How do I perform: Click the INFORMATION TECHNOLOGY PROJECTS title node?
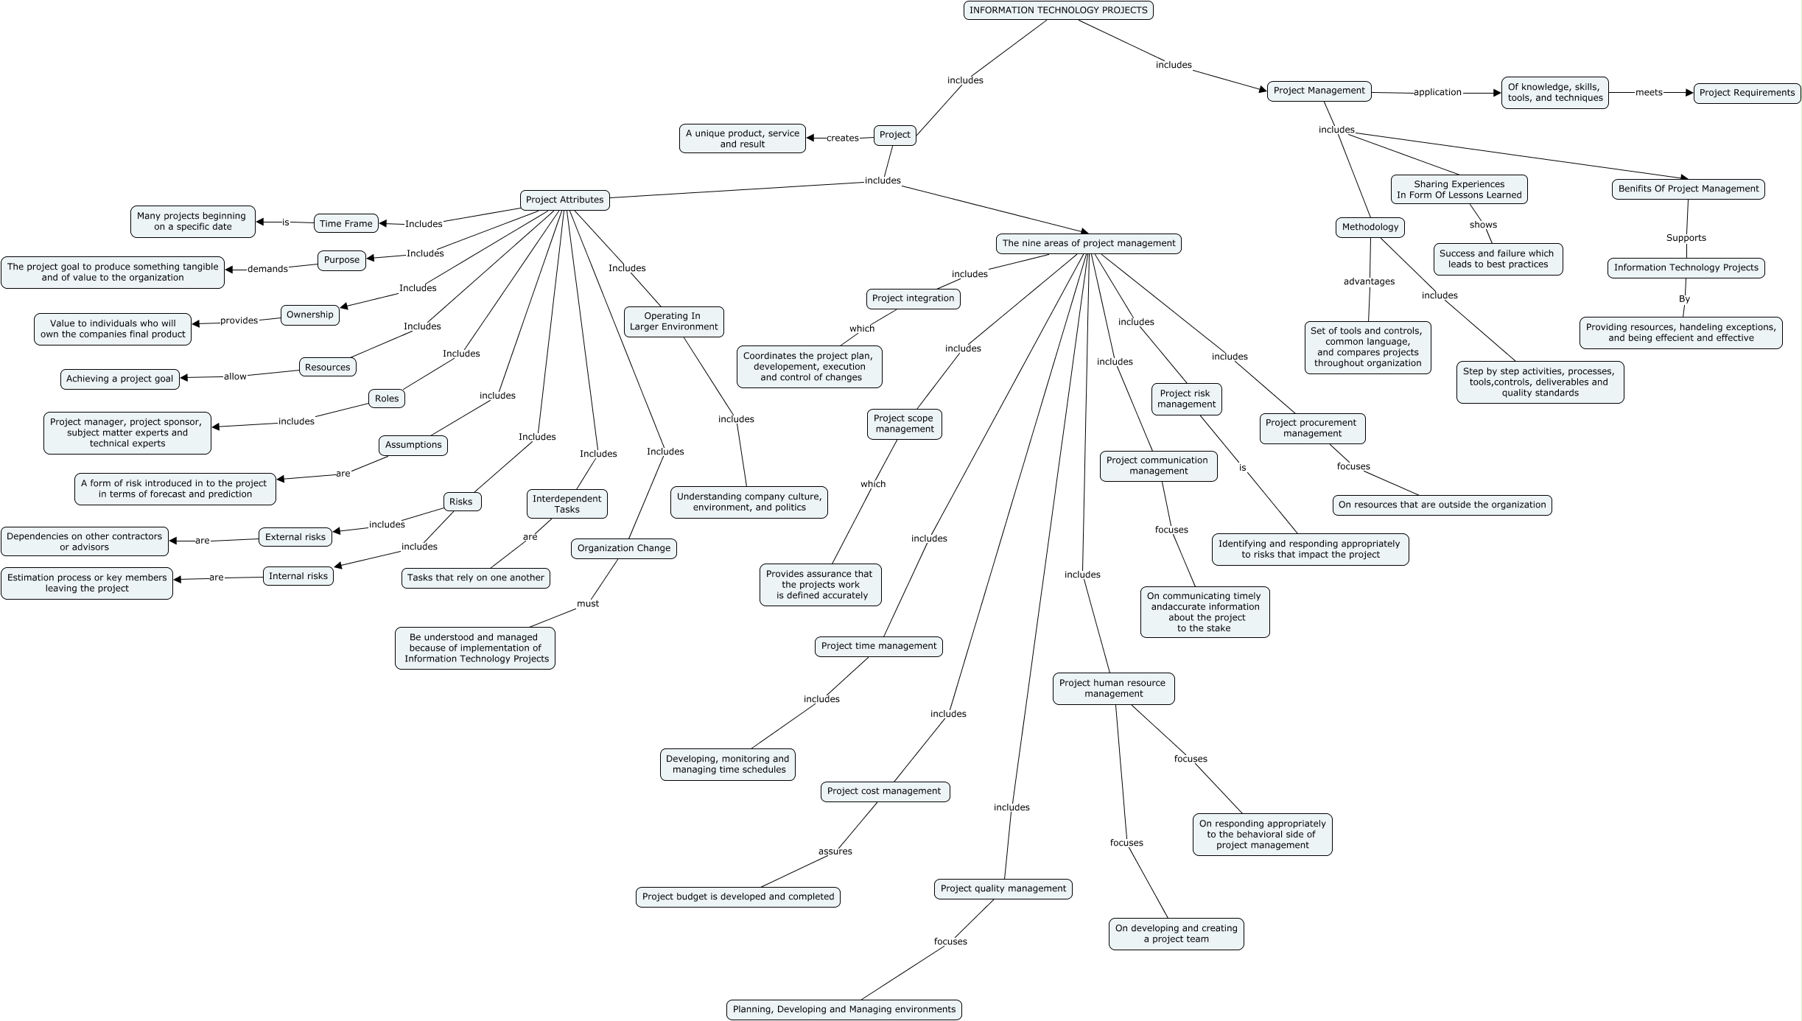[x=1058, y=10]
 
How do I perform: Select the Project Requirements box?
[x=1747, y=93]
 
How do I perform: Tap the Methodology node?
[x=1370, y=227]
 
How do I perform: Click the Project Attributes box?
[x=564, y=200]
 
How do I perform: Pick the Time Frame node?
[x=346, y=223]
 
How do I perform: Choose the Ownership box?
[x=309, y=315]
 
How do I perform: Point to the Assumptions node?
[x=413, y=445]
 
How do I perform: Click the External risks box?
[x=295, y=537]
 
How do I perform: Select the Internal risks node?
[x=298, y=576]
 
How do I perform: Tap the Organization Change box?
[x=623, y=548]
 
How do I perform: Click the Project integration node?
[x=913, y=298]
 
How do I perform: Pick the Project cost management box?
[x=884, y=791]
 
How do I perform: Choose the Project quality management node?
[x=1003, y=888]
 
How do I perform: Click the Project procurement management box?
[x=1311, y=428]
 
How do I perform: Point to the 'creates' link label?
[x=842, y=138]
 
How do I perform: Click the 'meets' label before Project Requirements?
[x=1649, y=92]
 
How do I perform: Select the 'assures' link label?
[x=835, y=852]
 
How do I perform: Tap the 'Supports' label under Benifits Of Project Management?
[x=1686, y=238]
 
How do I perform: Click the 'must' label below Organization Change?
[x=588, y=603]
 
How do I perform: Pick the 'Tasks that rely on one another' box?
[x=475, y=578]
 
